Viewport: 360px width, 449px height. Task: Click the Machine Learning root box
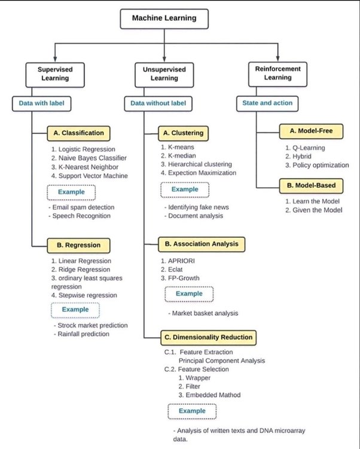164,19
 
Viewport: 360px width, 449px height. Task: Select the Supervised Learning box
55,75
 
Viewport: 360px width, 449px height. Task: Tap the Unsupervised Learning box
164,75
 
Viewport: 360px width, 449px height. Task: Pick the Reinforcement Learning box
277,74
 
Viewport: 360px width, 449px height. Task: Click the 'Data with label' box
41,103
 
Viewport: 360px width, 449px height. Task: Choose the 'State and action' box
267,103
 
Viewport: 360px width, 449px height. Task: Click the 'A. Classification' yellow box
78,133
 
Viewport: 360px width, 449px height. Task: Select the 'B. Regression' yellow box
78,245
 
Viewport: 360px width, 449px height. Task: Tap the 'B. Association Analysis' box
202,245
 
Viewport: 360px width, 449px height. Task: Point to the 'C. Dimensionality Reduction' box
208,338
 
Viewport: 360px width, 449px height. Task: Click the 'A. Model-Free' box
311,132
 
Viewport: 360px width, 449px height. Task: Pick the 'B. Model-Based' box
311,186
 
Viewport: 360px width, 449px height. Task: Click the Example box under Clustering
185,190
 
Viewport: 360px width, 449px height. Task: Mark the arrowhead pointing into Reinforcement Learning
277,59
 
